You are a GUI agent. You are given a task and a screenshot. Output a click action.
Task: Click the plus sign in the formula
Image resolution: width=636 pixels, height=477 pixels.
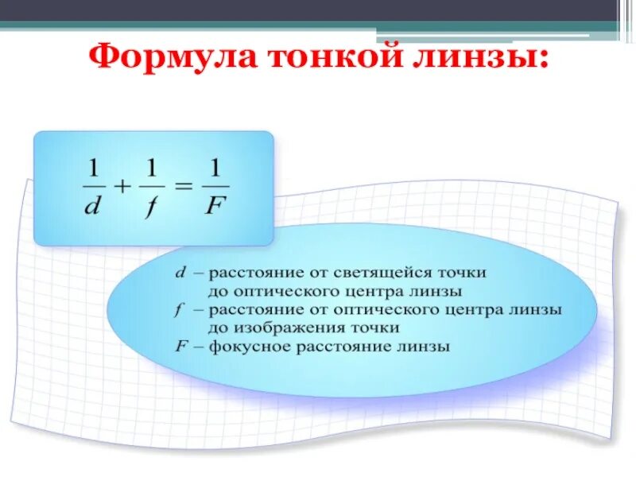coord(122,188)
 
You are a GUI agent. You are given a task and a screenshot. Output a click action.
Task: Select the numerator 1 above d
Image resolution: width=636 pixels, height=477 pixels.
coord(93,169)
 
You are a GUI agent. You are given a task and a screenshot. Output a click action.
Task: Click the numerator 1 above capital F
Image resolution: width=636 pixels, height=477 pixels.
coord(215,169)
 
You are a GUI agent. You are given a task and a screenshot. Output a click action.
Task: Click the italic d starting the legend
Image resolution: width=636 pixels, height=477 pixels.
coord(180,273)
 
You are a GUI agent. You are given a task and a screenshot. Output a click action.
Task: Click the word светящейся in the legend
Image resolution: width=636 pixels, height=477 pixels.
coord(393,273)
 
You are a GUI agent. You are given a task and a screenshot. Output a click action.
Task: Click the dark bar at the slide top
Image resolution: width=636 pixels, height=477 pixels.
coord(318,10)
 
